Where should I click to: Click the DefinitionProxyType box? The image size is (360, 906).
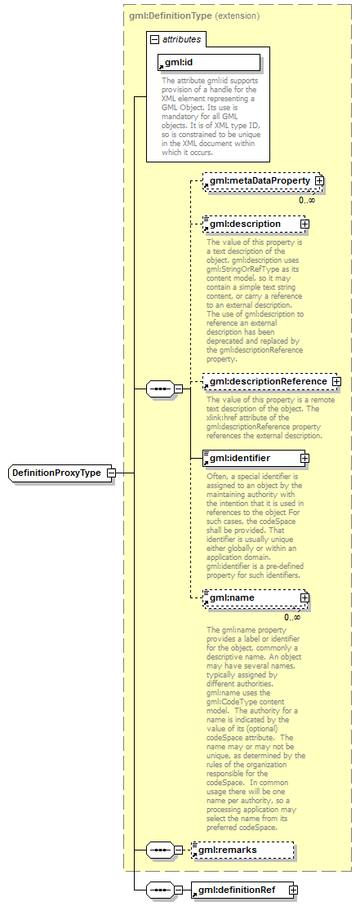coord(62,473)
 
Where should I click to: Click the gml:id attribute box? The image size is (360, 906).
coord(208,62)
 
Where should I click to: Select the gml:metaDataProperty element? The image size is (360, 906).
coord(258,180)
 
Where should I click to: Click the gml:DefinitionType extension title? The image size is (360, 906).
coord(194,16)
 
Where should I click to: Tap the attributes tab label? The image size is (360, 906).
coord(180,38)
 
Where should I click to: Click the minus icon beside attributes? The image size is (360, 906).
coord(154,38)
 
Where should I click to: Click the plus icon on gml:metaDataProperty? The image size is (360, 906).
coord(319,180)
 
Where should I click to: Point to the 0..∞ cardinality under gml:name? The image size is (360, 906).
coord(292,617)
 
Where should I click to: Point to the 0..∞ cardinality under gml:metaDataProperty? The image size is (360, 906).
coord(306,200)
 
